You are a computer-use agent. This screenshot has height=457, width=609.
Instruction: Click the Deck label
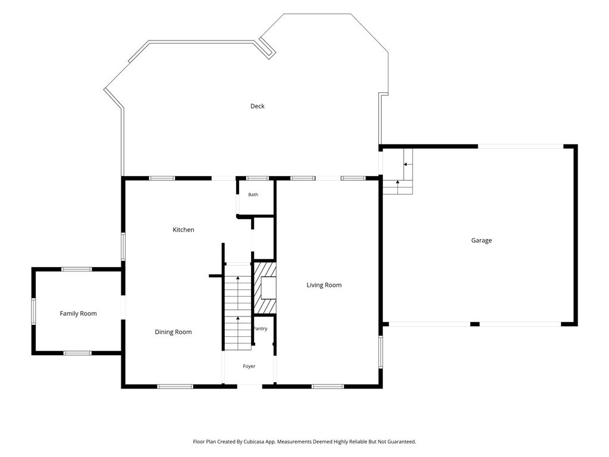click(x=257, y=106)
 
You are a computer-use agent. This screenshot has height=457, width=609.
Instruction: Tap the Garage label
click(x=481, y=240)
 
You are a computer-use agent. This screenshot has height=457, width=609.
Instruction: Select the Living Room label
click(x=324, y=285)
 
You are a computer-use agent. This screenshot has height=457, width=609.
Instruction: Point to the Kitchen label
click(x=183, y=230)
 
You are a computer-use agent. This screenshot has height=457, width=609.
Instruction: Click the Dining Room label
click(x=173, y=332)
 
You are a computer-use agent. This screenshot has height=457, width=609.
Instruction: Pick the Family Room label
click(x=78, y=314)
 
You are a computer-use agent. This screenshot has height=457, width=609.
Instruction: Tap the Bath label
click(x=253, y=195)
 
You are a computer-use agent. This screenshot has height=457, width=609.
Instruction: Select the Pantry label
click(x=260, y=328)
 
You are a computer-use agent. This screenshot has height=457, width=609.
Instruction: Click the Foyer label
click(x=249, y=367)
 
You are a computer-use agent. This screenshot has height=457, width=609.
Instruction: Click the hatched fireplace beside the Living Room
click(x=265, y=288)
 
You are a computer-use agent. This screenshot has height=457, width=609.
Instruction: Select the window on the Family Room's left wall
click(x=33, y=311)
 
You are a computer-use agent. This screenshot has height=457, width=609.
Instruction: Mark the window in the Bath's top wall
click(x=258, y=179)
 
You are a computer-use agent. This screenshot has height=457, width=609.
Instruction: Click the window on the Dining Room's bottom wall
click(x=175, y=386)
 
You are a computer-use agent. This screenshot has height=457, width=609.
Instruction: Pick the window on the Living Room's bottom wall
click(x=328, y=386)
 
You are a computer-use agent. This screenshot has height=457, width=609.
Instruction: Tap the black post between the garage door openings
click(x=475, y=324)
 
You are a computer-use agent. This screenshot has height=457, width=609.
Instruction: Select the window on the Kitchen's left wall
click(x=123, y=246)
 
